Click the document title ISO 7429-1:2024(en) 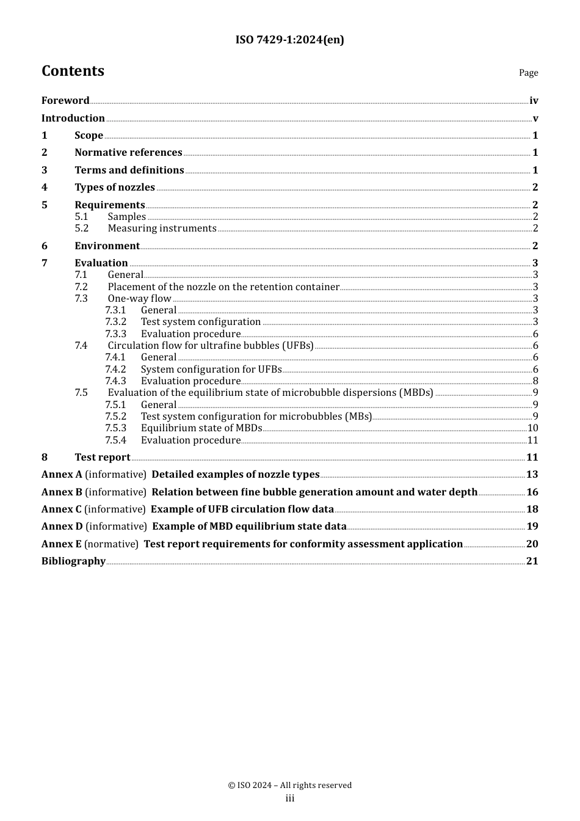coord(289,40)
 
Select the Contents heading coord(73,71)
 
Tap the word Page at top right coord(528,73)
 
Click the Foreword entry coord(65,101)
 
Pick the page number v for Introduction coord(535,119)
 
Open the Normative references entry coord(128,153)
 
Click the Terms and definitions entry coord(129,170)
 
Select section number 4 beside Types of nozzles coord(45,188)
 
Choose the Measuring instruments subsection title coord(162,228)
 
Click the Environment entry coord(107,246)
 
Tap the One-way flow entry coord(139,299)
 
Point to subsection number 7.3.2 coord(115,322)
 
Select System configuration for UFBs coord(211,370)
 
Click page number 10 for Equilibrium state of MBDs coord(532,428)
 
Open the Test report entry coord(102,458)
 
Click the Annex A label coord(62,475)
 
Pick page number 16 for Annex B coord(532,492)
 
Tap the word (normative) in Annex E coord(111,544)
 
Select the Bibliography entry coord(73,561)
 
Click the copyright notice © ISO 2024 coord(289,786)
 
